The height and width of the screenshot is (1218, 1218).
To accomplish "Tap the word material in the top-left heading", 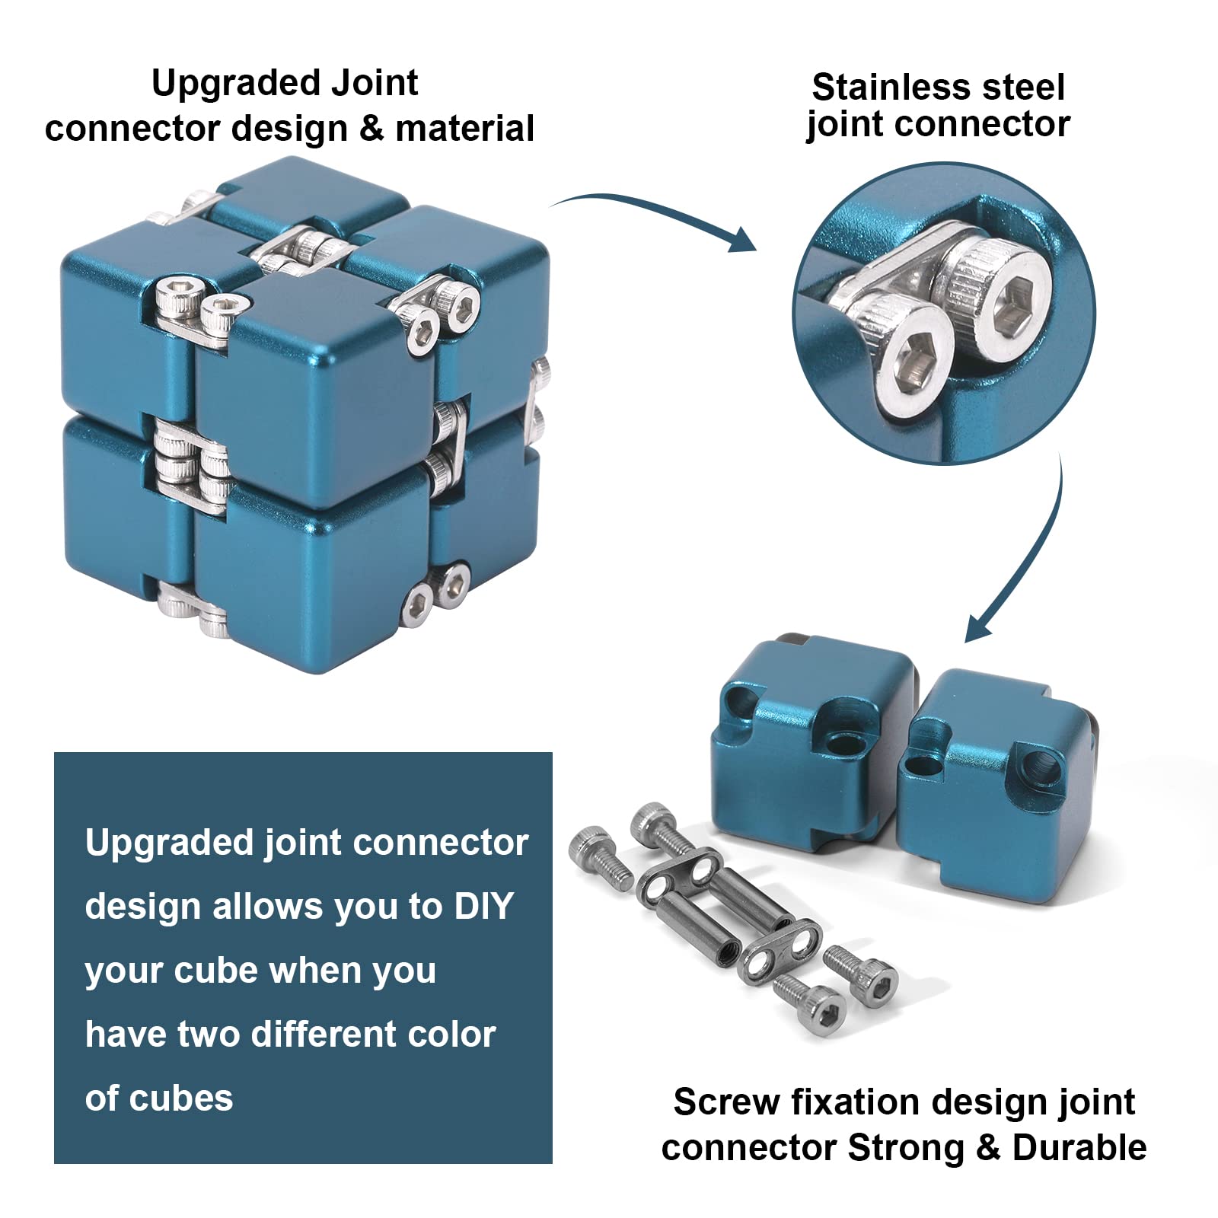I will point(464,128).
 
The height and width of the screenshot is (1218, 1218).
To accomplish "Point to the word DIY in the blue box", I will point(484,907).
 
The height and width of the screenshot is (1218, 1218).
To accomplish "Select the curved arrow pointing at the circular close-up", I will point(655,217).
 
